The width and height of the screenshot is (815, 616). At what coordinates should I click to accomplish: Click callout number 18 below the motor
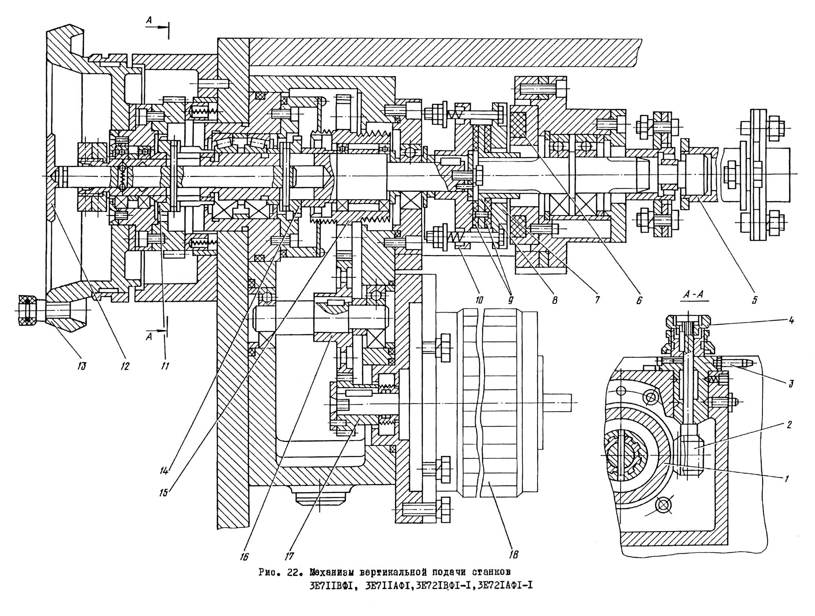tap(514, 554)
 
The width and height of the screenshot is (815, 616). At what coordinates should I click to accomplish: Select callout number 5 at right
tap(754, 300)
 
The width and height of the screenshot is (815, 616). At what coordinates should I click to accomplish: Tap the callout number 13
tap(81, 366)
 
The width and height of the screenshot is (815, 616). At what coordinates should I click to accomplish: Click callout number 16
tap(244, 557)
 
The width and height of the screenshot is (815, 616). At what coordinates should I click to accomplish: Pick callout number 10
tap(478, 300)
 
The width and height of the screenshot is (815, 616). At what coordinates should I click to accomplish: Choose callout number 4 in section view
tap(791, 320)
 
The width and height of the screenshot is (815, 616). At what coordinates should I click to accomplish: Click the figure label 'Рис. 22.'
tap(277, 572)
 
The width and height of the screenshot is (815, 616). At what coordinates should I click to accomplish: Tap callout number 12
tap(124, 366)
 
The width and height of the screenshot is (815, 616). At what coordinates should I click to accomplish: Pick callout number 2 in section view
tap(789, 425)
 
